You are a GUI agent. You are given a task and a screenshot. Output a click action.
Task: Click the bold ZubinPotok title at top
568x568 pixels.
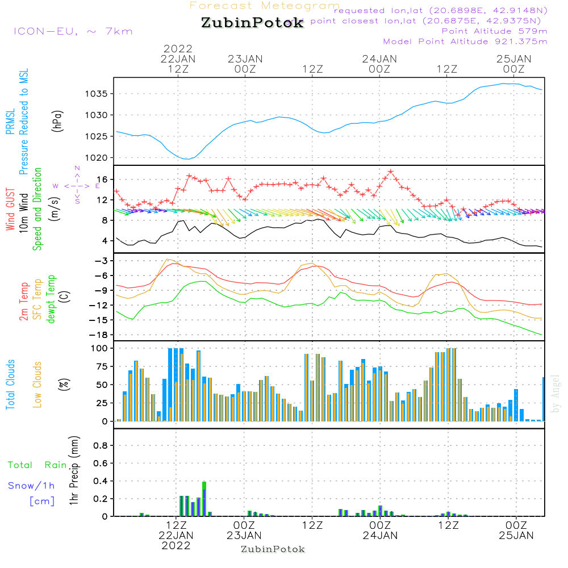click(x=252, y=23)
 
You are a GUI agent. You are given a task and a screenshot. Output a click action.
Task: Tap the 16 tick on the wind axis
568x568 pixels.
click(x=105, y=179)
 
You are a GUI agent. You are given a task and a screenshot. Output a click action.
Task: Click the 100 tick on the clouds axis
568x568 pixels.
click(x=100, y=348)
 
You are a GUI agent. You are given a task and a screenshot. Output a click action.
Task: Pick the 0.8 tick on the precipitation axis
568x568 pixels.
click(x=101, y=445)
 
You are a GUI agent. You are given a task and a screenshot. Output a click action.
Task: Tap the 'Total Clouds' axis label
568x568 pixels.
click(x=10, y=385)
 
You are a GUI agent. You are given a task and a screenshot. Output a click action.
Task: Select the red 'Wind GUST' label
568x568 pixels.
click(x=10, y=210)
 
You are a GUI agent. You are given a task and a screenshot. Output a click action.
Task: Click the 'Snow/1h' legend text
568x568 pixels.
click(x=31, y=486)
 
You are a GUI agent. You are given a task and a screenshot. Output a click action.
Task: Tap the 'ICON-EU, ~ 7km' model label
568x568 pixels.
click(x=73, y=31)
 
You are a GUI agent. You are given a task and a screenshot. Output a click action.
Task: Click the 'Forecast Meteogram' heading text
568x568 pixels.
click(x=265, y=6)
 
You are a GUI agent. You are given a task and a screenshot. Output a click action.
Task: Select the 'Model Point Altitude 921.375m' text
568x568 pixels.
click(x=465, y=41)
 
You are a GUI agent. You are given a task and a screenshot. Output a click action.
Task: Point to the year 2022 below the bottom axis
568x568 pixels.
click(x=177, y=546)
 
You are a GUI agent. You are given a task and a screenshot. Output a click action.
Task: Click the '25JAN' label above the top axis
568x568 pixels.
click(x=514, y=59)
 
